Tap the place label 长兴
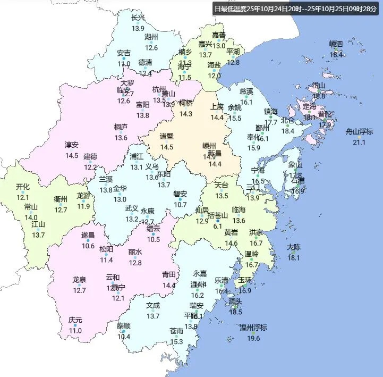[138, 18]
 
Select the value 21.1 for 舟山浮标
[360, 142]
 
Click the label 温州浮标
[253, 328]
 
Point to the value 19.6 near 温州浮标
[253, 338]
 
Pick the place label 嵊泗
[336, 44]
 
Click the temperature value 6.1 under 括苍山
[217, 225]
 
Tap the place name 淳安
[72, 145]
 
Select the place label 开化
[23, 187]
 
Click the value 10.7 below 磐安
[180, 204]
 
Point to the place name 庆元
[75, 320]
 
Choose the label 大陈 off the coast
[294, 247]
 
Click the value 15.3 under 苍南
[176, 341]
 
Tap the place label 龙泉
[79, 280]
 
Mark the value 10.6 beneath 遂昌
[88, 245]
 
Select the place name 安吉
[124, 53]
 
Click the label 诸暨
[167, 136]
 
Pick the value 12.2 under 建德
[90, 166]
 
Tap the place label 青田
[169, 275]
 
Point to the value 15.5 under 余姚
[234, 118]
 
